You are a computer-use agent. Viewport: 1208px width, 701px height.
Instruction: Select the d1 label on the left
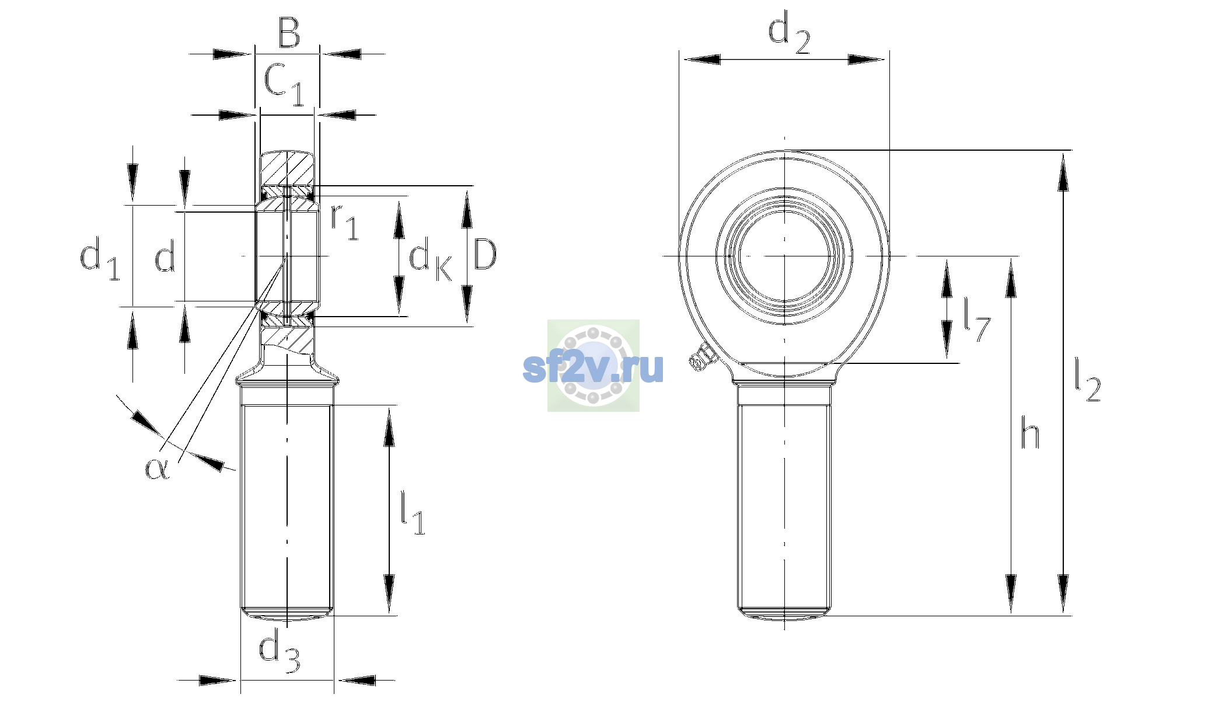(x=100, y=258)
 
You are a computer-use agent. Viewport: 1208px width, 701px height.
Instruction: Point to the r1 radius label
(x=344, y=222)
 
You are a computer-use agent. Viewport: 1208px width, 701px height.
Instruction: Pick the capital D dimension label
(x=485, y=254)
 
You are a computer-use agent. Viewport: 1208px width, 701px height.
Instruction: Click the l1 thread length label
(x=413, y=513)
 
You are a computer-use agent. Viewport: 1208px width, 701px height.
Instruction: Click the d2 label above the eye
(x=789, y=34)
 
